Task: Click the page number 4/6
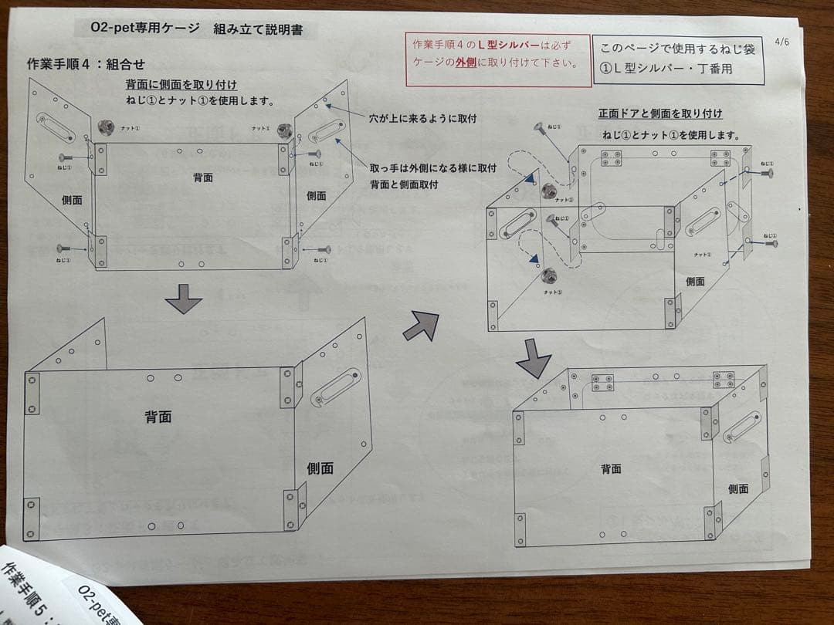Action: pos(781,42)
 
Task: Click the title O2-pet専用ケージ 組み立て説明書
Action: pos(198,29)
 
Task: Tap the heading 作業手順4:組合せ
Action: pos(86,64)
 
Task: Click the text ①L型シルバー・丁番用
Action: pos(664,69)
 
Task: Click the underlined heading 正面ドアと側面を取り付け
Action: pos(660,113)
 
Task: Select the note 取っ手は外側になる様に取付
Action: pos(432,167)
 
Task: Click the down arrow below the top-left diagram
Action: pos(184,299)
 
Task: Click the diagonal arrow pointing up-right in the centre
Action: pos(421,324)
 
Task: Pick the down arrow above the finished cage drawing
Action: pos(533,357)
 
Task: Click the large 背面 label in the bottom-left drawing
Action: pos(158,417)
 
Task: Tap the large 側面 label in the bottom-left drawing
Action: pos(320,468)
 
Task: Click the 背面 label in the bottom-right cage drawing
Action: pos(611,468)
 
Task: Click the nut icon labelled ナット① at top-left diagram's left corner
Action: pos(106,127)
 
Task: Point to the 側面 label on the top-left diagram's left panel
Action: pos(72,200)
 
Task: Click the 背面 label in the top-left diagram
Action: pos(203,177)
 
